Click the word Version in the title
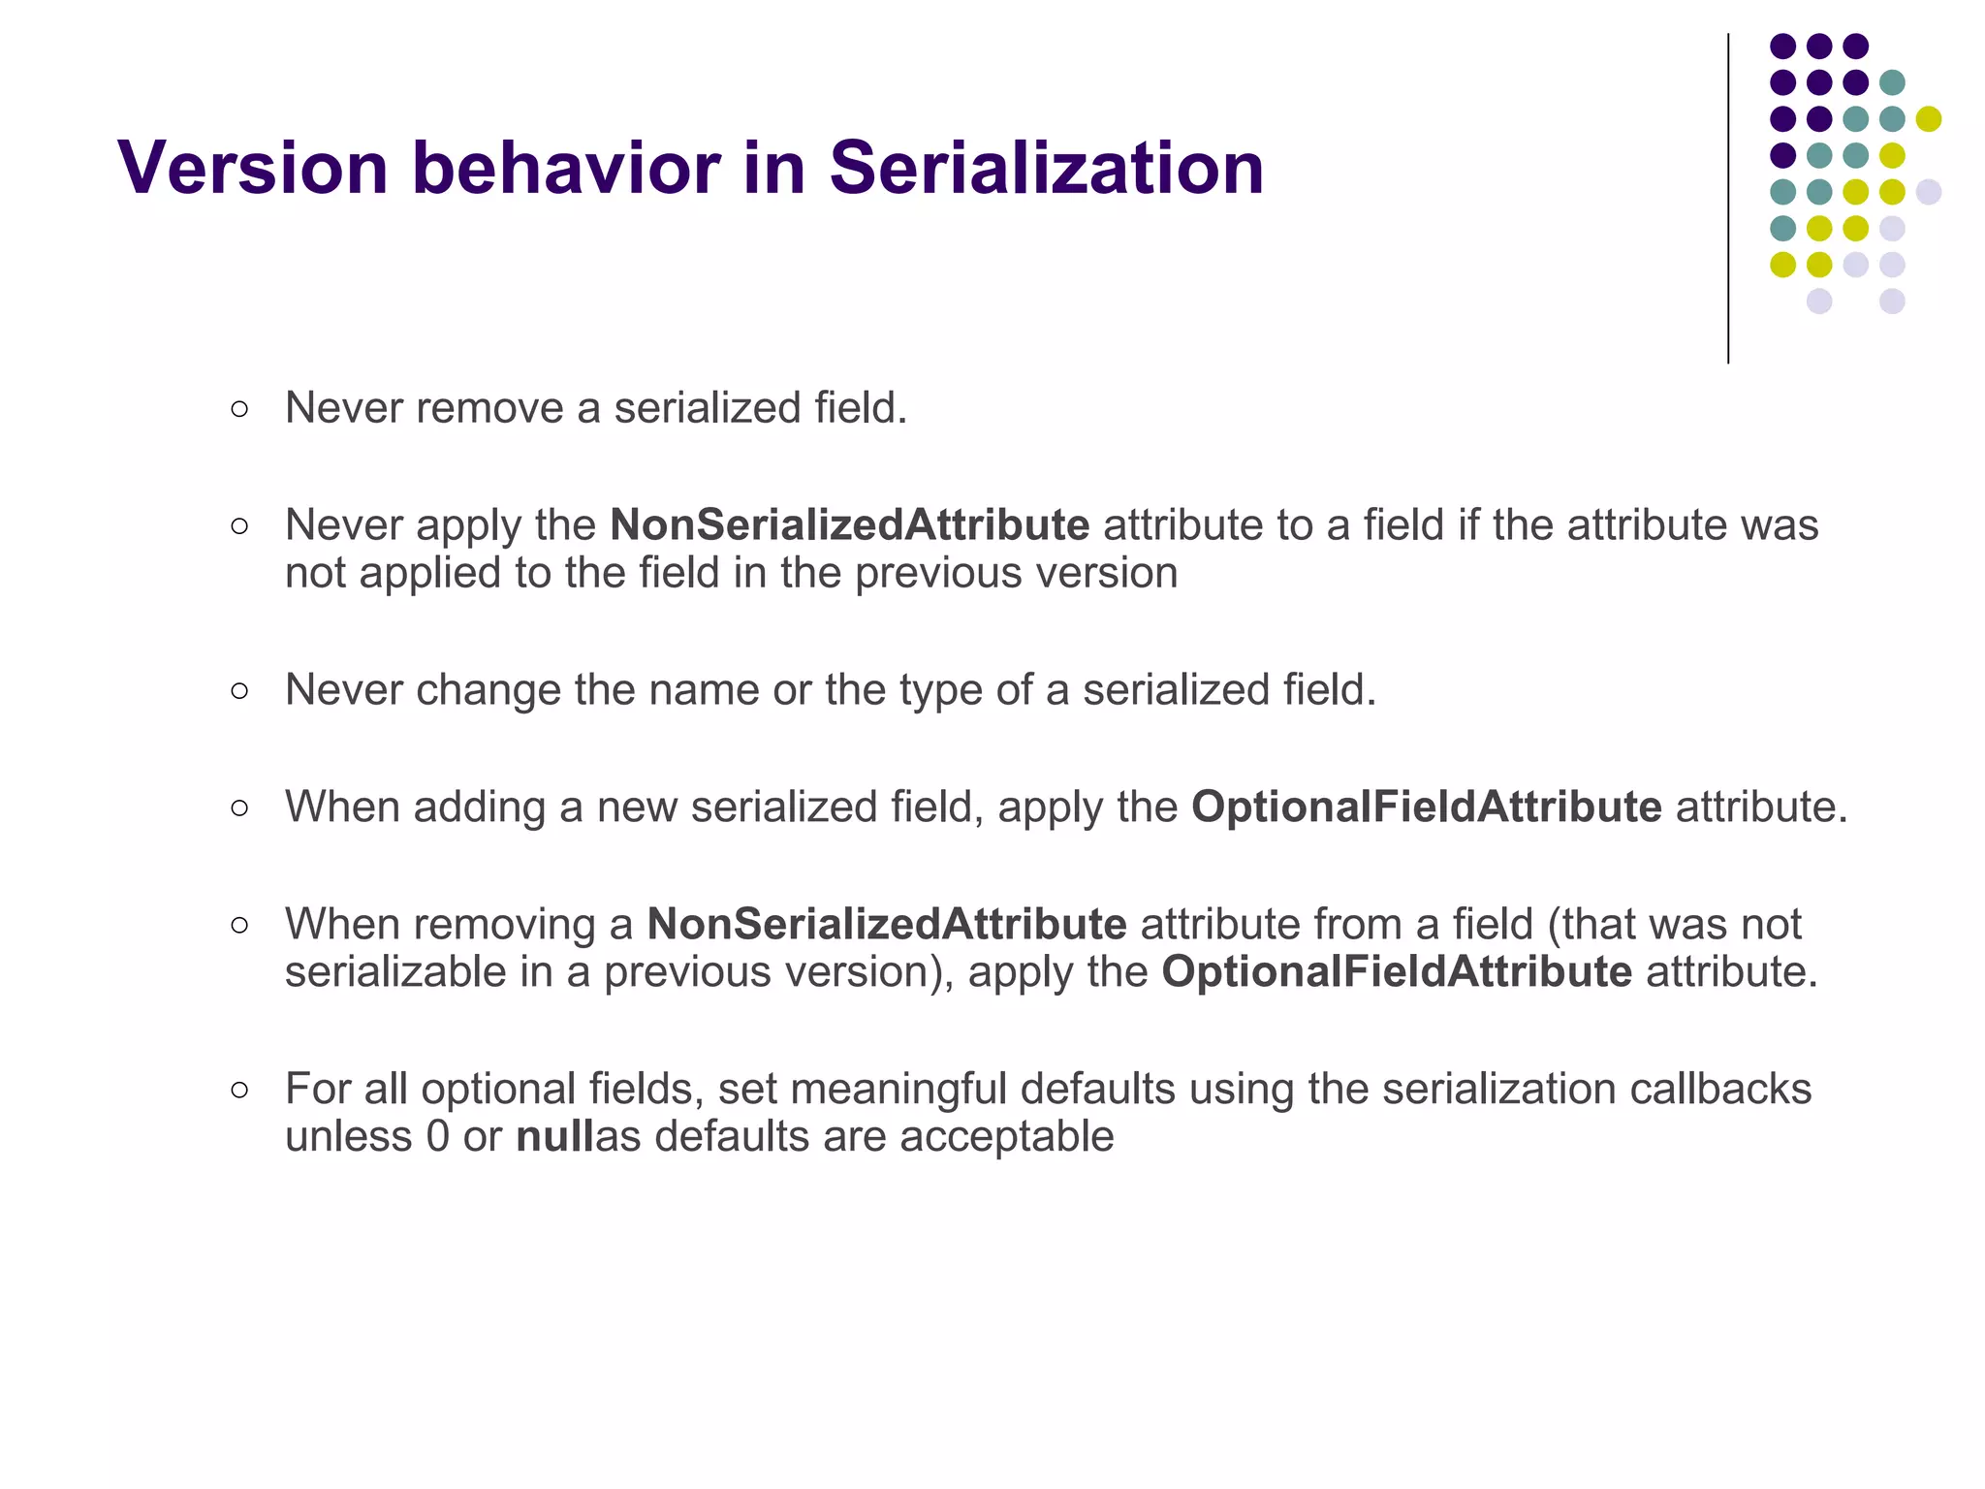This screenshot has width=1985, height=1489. pos(253,168)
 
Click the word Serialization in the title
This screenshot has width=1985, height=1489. pos(1046,168)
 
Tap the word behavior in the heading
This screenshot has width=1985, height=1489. pos(566,168)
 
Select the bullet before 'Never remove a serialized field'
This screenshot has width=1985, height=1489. pos(239,409)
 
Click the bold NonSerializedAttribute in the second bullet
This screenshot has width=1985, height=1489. pos(849,525)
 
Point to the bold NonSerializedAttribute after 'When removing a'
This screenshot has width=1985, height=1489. pos(886,924)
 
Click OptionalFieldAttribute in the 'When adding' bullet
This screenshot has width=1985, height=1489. pos(1426,807)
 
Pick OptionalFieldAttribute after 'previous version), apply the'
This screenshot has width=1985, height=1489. pos(1397,971)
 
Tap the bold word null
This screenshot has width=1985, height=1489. pos(553,1136)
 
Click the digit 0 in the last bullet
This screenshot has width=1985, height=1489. pos(437,1136)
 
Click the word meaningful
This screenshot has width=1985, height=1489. pos(898,1089)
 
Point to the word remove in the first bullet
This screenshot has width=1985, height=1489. pos(489,408)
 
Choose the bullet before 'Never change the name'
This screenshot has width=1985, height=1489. pos(239,691)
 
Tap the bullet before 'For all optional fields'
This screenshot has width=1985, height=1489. pos(239,1090)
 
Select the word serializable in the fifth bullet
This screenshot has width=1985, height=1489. pos(395,971)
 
